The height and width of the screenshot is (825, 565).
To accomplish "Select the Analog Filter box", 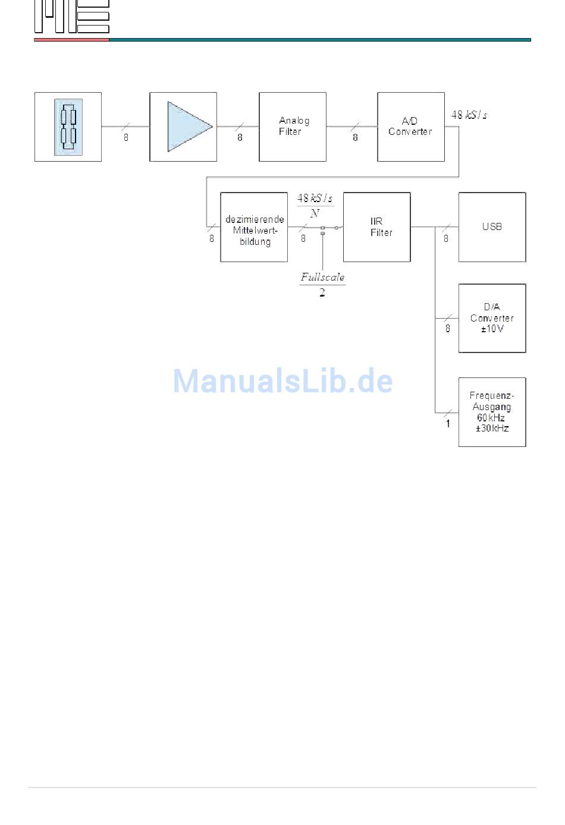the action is point(293,127).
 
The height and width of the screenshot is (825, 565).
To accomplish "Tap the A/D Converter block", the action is point(411,127).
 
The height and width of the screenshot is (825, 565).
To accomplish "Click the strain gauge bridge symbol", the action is point(68,127).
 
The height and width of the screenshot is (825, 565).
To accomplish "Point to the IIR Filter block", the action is point(377,227).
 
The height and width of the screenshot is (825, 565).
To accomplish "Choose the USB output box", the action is point(492,227).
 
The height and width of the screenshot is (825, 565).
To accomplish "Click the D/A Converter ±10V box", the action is point(492,318).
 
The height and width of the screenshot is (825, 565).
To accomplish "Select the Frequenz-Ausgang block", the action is point(492,412).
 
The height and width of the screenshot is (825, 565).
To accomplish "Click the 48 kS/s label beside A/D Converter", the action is point(469,115).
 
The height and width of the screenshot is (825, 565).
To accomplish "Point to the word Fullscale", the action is point(322,277).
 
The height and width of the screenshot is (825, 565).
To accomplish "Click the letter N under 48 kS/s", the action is point(315,213).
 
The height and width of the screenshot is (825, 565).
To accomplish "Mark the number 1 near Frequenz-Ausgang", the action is point(448,424).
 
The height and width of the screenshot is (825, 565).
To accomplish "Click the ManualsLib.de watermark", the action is point(283,381).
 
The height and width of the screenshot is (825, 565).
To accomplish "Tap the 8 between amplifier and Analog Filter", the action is point(240,137).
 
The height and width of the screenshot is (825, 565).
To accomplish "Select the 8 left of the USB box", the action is point(446,239).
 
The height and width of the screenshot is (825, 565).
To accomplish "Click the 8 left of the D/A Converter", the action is point(448,328).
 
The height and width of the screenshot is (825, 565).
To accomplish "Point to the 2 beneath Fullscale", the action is point(322,292).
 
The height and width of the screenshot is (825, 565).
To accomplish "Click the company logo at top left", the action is point(71,17).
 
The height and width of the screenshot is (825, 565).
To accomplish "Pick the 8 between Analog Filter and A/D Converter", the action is point(355,137).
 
